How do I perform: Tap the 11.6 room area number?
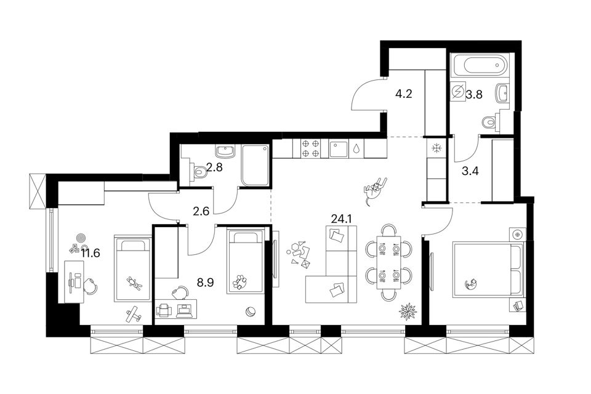tap(90, 253)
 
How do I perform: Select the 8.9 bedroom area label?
tap(206, 282)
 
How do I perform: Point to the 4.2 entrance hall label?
tap(404, 94)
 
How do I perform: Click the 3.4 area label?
tap(470, 172)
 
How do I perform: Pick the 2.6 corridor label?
tap(201, 211)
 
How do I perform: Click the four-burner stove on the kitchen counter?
tap(310, 148)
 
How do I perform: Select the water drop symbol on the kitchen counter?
tap(356, 148)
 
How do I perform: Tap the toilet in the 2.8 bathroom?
tap(199, 172)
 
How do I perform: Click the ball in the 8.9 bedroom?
tap(250, 312)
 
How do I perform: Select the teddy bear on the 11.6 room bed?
tap(134, 283)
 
